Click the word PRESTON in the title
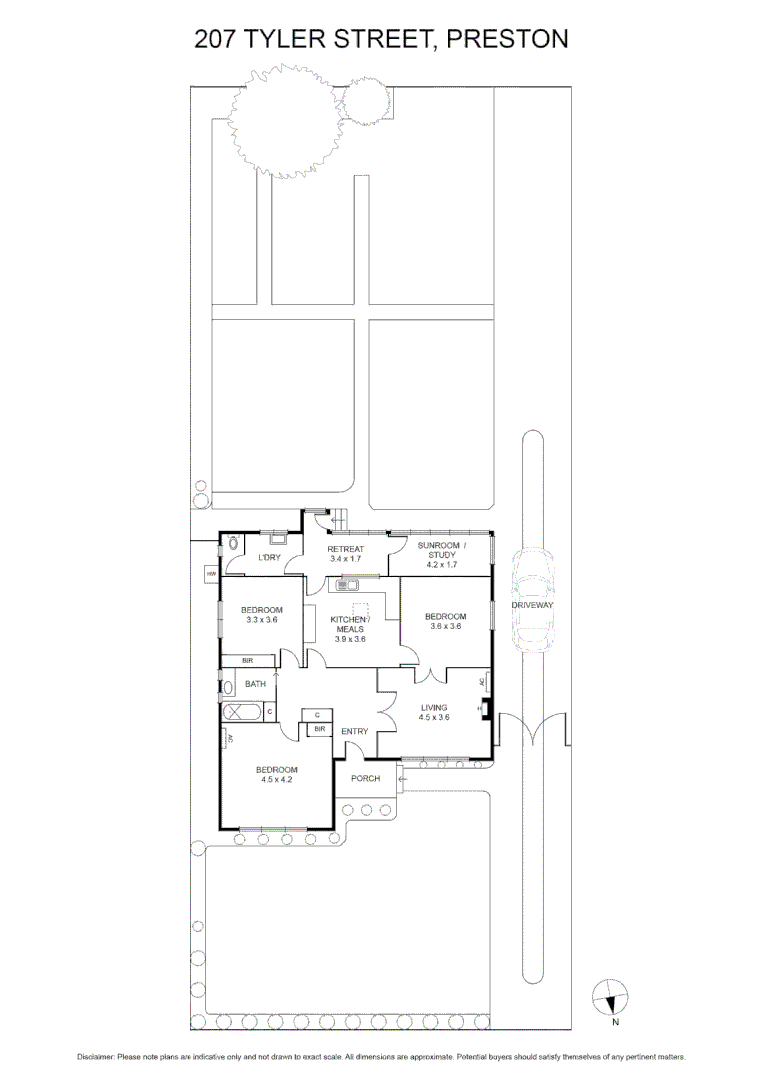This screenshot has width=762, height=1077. coord(507,39)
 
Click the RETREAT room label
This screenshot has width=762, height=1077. coord(346,549)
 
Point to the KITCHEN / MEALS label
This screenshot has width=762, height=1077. coord(349,628)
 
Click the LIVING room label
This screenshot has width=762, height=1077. coord(433,708)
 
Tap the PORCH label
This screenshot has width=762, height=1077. coord(365,778)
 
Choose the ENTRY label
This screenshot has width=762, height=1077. coord(354,731)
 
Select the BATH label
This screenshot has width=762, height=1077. coord(256,684)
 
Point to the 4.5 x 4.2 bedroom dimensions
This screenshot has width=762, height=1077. coord(276,780)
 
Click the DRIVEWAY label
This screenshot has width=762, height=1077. coord(532,605)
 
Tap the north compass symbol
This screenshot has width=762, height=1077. coord(610,996)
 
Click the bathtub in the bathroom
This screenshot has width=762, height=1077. coord(243,712)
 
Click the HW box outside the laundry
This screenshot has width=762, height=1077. coord(212,574)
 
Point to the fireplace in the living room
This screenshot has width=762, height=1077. coord(484,709)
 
